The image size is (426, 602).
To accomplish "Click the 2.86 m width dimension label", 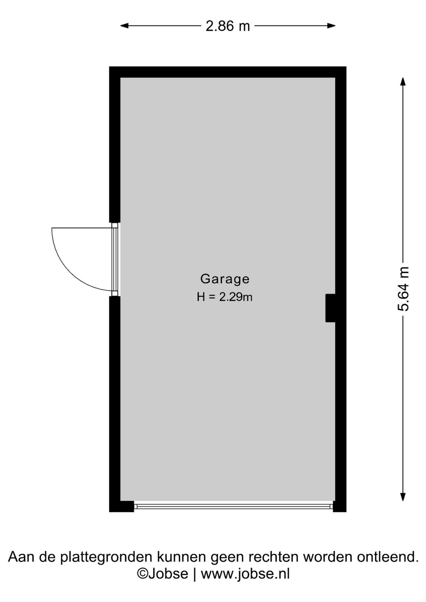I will (x=228, y=26).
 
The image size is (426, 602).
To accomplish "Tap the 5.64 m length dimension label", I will (x=403, y=289).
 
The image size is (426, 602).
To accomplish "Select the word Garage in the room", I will (x=225, y=279).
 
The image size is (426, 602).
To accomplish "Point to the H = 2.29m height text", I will (x=224, y=297).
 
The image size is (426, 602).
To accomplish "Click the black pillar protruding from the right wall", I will (x=330, y=308).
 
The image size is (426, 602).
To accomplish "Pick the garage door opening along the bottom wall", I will (x=234, y=506).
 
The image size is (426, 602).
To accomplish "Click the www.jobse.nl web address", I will (x=245, y=573).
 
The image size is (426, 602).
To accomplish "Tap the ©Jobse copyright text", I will (x=162, y=573).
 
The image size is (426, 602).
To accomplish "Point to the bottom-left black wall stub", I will (x=121, y=506).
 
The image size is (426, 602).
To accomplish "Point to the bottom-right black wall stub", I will (x=340, y=506).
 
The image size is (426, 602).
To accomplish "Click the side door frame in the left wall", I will (x=115, y=259).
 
